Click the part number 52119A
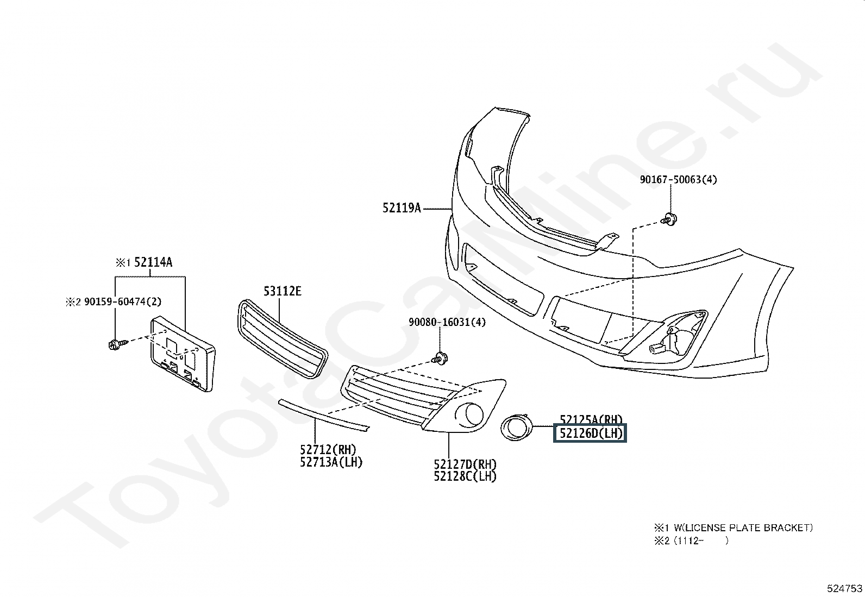click(x=402, y=208)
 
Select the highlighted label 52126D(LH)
click(x=590, y=433)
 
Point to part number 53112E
click(x=282, y=292)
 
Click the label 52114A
click(x=153, y=262)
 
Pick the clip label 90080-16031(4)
click(x=447, y=322)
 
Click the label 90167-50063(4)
click(x=678, y=179)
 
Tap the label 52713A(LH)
click(x=331, y=462)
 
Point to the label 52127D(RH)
click(x=465, y=464)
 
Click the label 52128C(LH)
click(x=465, y=476)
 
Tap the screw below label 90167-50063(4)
click(x=669, y=219)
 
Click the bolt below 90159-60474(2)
click(x=116, y=343)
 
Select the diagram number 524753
click(x=844, y=588)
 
